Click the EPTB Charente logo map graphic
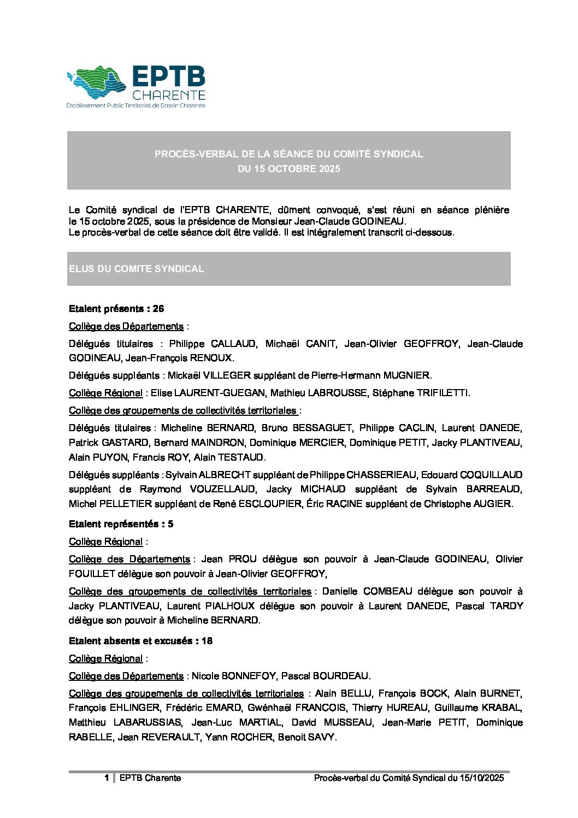96,83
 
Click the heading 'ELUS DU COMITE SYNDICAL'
137,269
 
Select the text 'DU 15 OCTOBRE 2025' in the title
288,169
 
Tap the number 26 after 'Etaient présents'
158,309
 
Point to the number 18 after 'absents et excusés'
207,641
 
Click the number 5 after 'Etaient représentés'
170,524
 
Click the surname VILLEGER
227,375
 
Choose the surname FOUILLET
92,574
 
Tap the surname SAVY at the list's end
322,737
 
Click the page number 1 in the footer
107,778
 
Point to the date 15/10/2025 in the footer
482,778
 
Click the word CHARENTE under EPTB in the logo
169,96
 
